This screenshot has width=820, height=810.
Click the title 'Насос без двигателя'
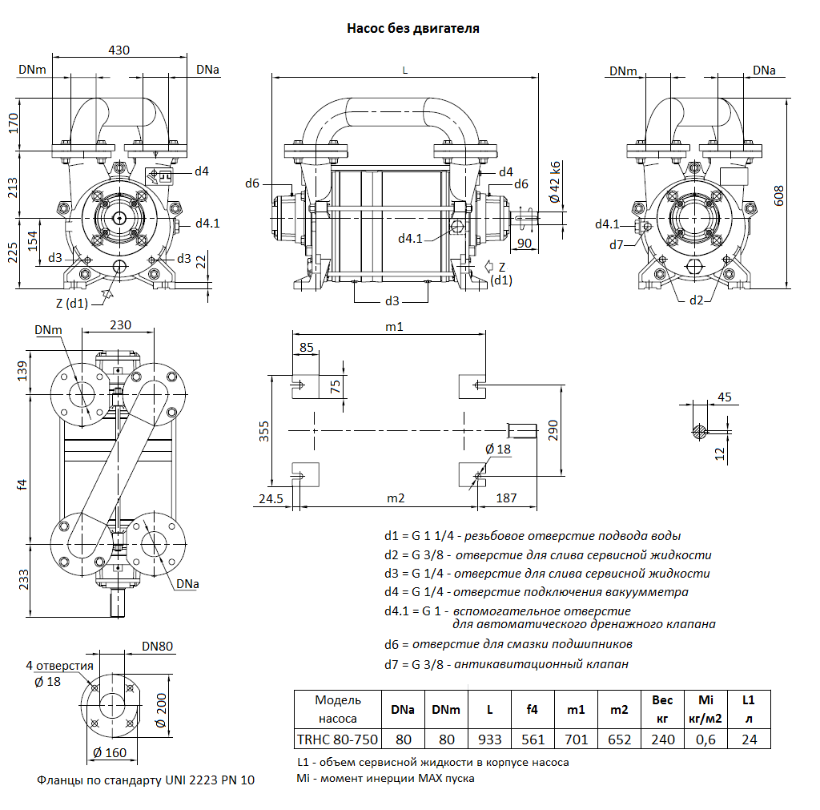413,29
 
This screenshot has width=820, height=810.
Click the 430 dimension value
119,50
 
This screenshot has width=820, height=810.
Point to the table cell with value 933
489,739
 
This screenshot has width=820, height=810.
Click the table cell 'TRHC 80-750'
336,739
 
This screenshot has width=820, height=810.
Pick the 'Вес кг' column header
662,709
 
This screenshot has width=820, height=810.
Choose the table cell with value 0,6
705,739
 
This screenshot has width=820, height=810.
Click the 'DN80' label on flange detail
157,647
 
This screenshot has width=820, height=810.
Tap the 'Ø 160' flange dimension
110,753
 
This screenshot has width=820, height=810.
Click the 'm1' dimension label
394,326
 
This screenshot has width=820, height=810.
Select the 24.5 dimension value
271,498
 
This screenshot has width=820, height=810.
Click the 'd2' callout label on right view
697,300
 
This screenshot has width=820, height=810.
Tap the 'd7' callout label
615,244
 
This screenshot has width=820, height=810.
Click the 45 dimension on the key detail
724,397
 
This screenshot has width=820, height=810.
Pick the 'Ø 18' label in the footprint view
497,449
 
